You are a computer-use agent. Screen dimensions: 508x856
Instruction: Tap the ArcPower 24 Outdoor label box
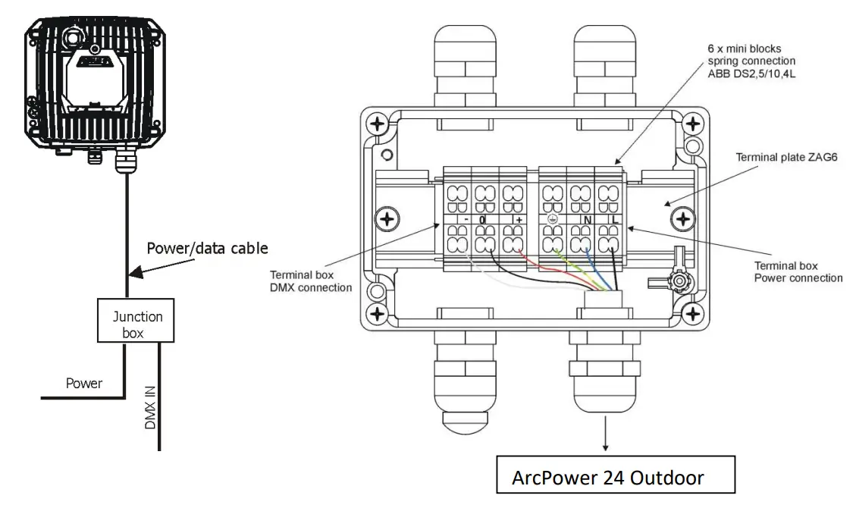pos(615,478)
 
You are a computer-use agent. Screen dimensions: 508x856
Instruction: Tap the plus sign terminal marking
pos(519,219)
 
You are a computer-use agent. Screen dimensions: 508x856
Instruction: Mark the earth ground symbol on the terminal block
pos(553,220)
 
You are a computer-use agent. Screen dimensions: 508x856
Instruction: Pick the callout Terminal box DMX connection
pos(311,281)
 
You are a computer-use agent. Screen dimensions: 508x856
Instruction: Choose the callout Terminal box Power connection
pos(798,271)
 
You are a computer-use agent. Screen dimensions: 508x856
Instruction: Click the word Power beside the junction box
pos(83,384)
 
